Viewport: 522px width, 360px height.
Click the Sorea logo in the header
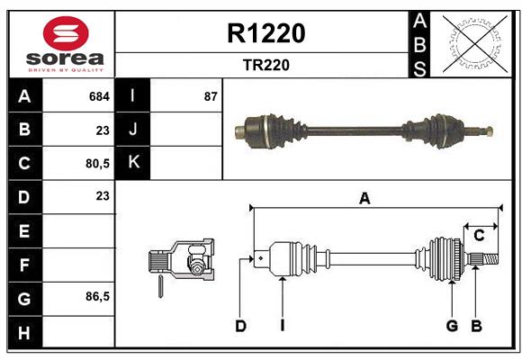coord(66,44)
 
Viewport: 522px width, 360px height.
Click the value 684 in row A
coord(99,95)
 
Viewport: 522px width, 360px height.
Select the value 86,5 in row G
coord(96,296)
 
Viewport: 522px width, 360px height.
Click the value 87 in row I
coord(211,95)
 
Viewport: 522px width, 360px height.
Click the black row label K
coord(134,163)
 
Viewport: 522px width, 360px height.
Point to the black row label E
coord(24,230)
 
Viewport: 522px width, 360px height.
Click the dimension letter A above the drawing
coord(364,199)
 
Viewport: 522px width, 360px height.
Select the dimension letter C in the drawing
coord(479,236)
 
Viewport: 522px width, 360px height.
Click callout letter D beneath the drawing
coord(240,326)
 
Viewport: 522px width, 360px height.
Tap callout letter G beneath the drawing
coord(452,326)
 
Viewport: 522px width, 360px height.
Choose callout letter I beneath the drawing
coord(282,326)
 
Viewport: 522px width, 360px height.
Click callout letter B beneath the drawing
coord(477,326)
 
